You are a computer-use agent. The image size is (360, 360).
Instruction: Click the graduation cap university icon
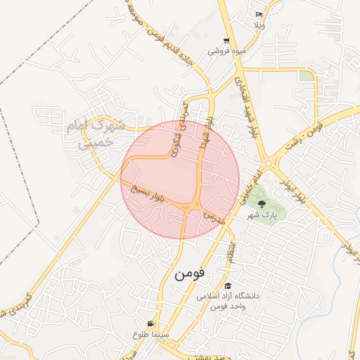pos(228,285)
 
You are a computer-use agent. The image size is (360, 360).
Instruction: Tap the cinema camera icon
pos(150,323)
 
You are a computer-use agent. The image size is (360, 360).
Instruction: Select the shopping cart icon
pos(226,41)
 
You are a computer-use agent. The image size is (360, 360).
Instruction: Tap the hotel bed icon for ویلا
pos(259,14)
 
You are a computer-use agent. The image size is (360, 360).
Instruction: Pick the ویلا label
pos(259,24)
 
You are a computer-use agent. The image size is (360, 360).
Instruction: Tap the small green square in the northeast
pos(306,76)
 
